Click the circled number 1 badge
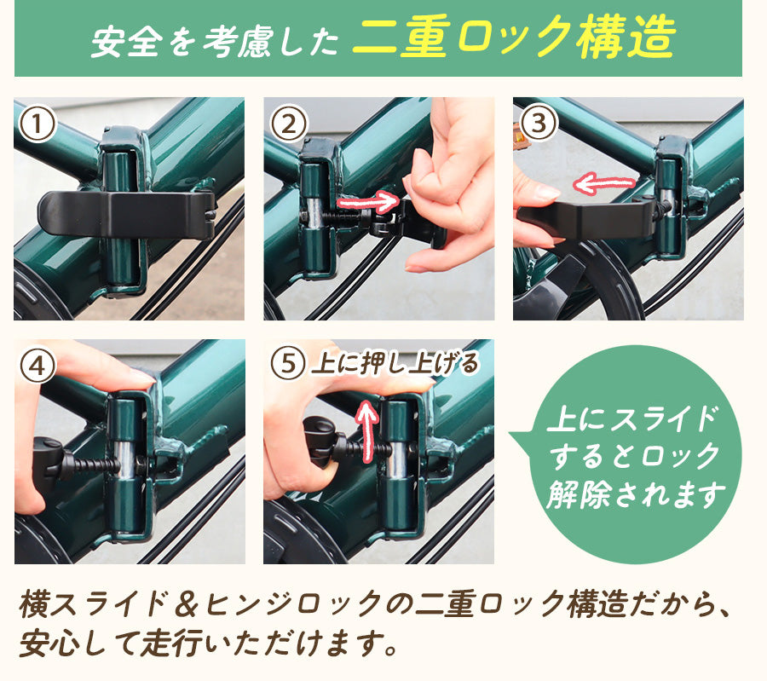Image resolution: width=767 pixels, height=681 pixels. coord(37,124)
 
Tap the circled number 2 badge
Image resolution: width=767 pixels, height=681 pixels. coord(289,124)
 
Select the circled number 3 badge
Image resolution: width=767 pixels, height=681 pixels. coord(538,122)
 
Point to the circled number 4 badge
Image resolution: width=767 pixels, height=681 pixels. coord(37,366)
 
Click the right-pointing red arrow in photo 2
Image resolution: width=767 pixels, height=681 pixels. coord(368,201)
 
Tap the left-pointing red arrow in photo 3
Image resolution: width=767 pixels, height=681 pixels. coord(604,183)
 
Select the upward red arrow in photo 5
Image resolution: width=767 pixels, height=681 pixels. coord(366,431)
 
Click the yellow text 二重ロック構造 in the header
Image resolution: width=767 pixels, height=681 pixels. coord(514,36)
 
